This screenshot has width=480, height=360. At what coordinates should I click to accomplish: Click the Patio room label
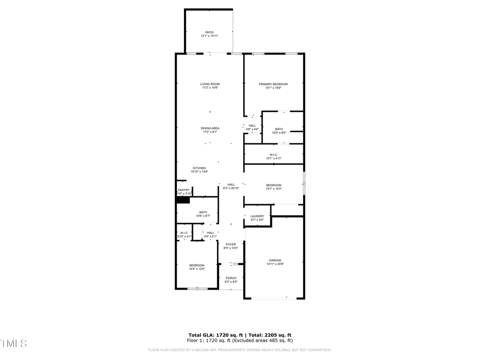[210, 34]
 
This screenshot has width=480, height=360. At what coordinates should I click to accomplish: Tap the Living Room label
[210, 85]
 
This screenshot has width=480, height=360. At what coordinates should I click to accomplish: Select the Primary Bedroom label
[273, 85]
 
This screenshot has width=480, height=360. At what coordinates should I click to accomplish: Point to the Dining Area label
[210, 130]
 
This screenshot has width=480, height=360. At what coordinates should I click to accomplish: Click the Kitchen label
[199, 170]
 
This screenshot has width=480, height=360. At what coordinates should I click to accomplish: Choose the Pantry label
[183, 191]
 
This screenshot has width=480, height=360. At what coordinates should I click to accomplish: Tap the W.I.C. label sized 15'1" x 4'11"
[273, 156]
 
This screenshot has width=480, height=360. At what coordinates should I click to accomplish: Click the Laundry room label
[257, 218]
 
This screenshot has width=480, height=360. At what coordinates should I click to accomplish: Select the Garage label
[274, 262]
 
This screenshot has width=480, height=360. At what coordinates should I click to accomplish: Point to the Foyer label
[230, 246]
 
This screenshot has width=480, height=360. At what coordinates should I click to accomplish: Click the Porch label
[230, 279]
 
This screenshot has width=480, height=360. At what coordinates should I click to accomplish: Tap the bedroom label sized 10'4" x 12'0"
[196, 267]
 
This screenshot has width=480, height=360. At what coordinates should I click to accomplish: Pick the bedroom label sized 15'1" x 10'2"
[273, 187]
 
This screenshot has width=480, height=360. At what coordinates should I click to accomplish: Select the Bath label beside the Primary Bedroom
[279, 131]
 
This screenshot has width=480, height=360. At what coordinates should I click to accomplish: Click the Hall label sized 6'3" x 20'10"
[230, 186]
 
